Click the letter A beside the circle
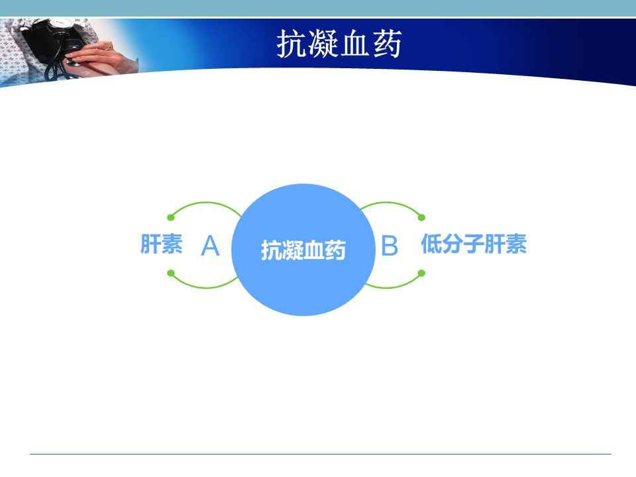[x=210, y=246]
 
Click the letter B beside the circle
[x=390, y=246]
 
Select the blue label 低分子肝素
[x=474, y=244]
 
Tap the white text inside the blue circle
[x=303, y=250]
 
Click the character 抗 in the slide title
[x=291, y=44]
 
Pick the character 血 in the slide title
[x=355, y=44]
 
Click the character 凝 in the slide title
[x=323, y=44]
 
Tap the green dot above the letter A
[x=171, y=217]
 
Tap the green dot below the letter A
[x=171, y=273]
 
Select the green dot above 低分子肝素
[x=421, y=217]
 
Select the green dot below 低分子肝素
[x=421, y=273]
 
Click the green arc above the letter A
[x=206, y=203]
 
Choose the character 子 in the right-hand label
[x=474, y=244]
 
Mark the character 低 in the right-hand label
[x=431, y=244]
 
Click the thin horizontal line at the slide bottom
[x=321, y=454]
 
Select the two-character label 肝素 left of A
[x=162, y=244]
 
